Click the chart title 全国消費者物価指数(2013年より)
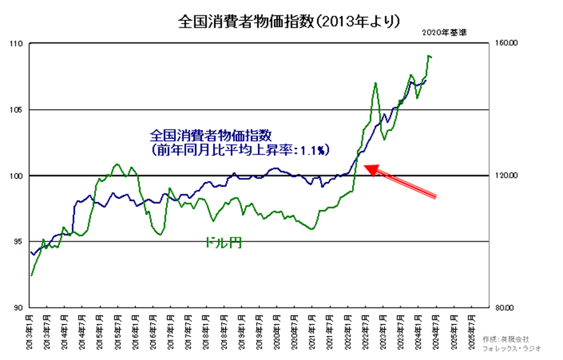click(281, 22)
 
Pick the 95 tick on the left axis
click(17, 241)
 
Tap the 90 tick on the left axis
click(17, 307)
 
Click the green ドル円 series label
click(223, 243)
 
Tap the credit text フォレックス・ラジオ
click(512, 349)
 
